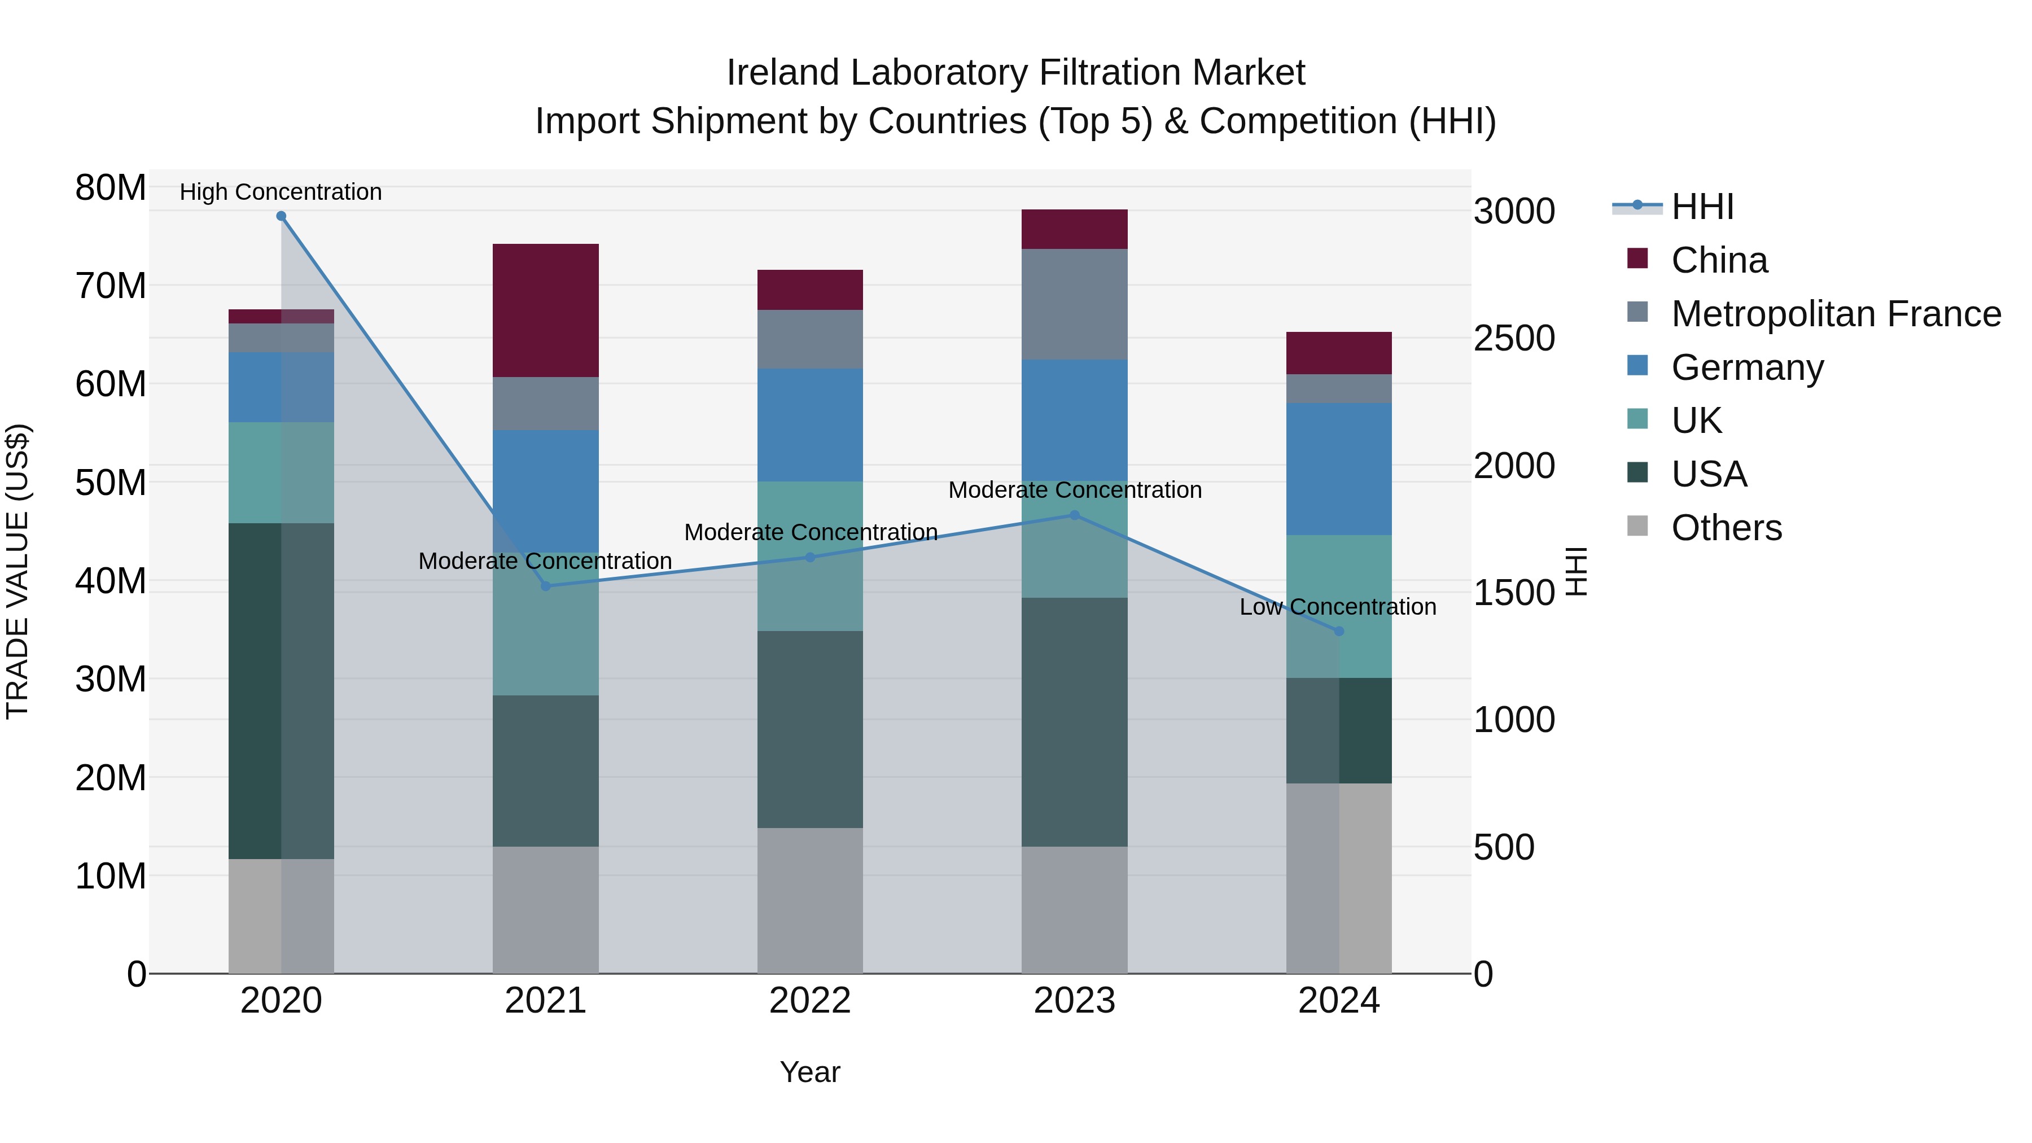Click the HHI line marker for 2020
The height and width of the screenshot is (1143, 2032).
(281, 216)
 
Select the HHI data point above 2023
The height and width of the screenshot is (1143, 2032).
(1074, 515)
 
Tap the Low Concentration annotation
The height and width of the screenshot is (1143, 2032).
(1337, 607)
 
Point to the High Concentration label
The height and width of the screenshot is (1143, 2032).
(281, 192)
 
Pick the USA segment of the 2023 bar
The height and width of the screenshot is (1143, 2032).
(1074, 722)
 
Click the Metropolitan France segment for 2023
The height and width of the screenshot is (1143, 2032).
(1074, 304)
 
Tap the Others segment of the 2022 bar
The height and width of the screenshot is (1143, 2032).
(810, 900)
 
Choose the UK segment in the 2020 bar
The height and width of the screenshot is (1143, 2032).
(281, 472)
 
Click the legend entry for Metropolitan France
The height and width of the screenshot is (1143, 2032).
(1836, 314)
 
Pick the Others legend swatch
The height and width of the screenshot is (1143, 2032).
(1637, 526)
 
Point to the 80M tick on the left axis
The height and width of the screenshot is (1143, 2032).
(111, 188)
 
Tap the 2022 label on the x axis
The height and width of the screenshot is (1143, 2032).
(810, 1001)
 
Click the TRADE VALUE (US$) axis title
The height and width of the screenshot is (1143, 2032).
(17, 571)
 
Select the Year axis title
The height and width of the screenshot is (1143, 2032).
(810, 1072)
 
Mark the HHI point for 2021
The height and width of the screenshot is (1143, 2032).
(545, 586)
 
